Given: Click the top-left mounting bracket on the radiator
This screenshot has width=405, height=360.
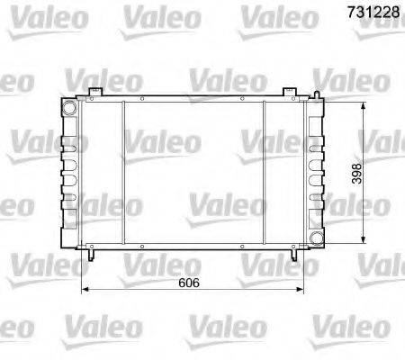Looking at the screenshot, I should tap(94, 93).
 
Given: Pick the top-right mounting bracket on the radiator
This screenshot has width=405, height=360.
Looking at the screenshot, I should tap(288, 93).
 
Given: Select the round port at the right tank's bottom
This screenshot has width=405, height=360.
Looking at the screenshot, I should tap(314, 237).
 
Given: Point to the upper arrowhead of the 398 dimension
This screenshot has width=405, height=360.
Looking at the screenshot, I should tap(361, 101).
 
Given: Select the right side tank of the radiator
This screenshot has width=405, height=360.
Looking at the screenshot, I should tap(312, 171).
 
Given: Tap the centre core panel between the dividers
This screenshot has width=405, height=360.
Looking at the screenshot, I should tap(193, 171).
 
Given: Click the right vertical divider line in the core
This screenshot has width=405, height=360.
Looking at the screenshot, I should tap(264, 171).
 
